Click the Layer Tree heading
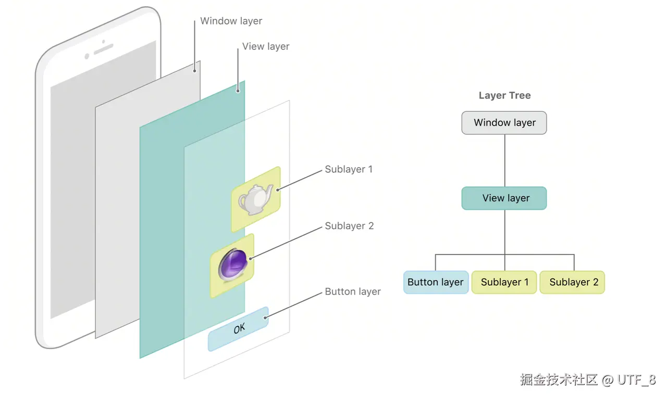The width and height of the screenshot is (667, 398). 505,95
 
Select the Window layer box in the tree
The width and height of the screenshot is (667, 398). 504,123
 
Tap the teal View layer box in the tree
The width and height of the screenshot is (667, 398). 504,198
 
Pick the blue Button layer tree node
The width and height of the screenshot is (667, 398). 436,282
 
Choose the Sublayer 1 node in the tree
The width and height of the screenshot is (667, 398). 504,282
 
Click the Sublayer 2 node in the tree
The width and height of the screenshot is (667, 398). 572,282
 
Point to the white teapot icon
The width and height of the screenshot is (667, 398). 256,199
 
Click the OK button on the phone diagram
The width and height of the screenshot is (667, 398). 238,329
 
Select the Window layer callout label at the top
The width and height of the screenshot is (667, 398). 231,21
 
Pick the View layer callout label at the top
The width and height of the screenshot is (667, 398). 266,47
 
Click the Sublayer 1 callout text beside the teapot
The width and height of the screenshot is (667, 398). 349,170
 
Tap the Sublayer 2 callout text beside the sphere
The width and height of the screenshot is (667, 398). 349,226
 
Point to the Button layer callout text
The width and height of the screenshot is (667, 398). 353,291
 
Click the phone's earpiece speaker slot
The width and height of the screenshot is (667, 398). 104,49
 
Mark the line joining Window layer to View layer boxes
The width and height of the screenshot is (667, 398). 505,161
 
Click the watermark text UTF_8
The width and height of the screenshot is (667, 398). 637,380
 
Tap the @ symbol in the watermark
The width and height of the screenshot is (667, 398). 608,380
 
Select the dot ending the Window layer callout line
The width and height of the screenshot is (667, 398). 194,71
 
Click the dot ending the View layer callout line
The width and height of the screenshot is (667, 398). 238,91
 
